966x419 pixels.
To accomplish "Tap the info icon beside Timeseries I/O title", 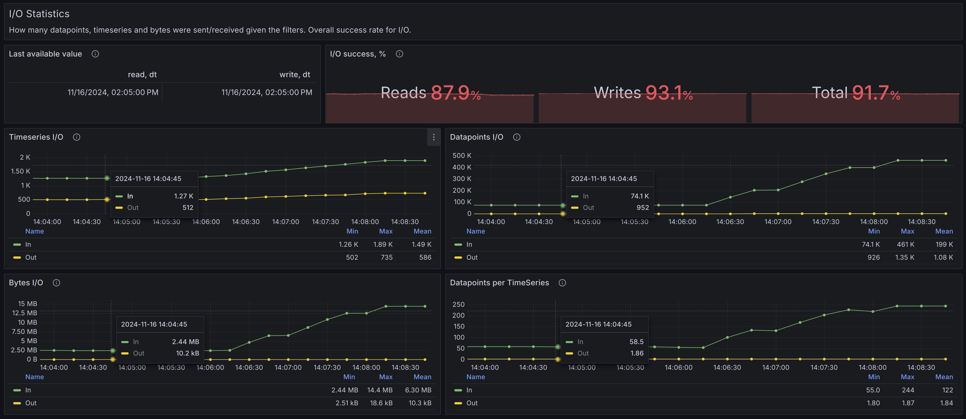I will tap(76, 137).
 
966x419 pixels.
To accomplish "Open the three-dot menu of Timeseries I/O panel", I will tap(433, 137).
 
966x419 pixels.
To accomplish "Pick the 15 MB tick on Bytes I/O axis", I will tap(27, 303).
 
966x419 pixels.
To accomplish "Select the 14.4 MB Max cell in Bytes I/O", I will tap(380, 390).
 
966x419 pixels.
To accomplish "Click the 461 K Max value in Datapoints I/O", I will tap(905, 244).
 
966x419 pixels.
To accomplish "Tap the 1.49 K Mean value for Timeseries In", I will tap(421, 244).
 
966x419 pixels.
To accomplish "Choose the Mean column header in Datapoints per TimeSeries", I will tap(944, 377).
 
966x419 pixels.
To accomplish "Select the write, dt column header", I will tap(294, 75).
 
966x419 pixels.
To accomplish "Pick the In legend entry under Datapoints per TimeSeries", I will tap(469, 390).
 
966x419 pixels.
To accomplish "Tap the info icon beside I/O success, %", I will tap(399, 54).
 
